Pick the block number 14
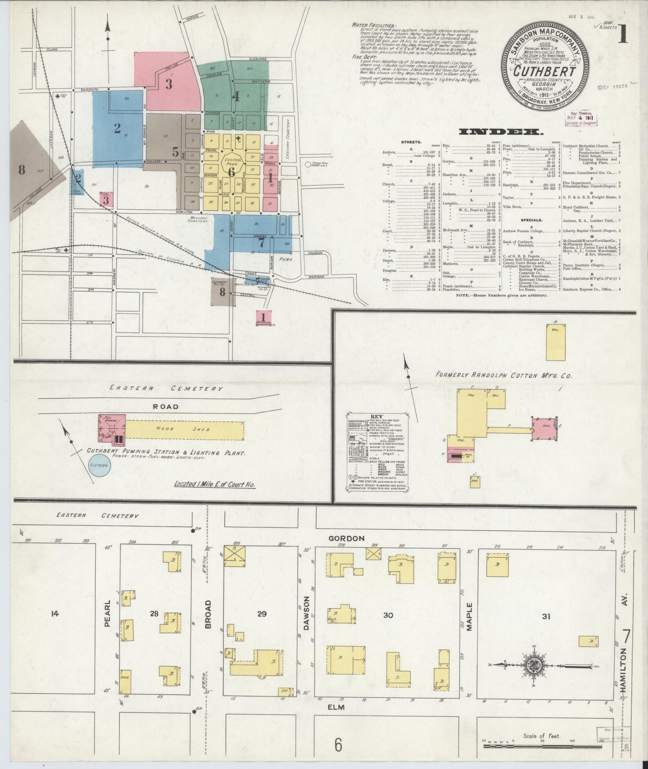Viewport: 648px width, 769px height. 55,613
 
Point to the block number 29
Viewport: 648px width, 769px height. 262,614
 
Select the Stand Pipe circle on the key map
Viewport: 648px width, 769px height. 308,165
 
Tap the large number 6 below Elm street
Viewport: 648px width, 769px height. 338,745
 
